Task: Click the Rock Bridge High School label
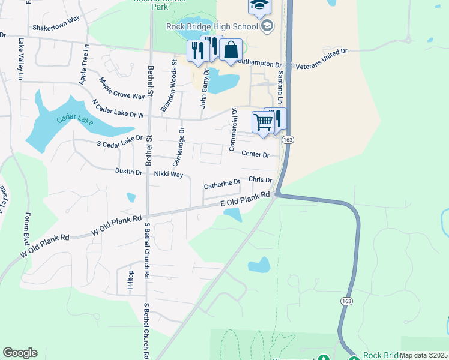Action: tap(212, 26)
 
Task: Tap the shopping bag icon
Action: tap(231, 50)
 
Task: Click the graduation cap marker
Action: tap(260, 5)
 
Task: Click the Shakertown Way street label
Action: tap(56, 19)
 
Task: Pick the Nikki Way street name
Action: tap(168, 174)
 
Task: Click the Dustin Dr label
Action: tap(129, 172)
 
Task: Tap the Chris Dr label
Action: tap(260, 179)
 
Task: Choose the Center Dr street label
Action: tap(255, 154)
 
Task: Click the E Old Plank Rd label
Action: tap(245, 200)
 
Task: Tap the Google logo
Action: tap(20, 353)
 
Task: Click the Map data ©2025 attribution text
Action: tap(424, 355)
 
